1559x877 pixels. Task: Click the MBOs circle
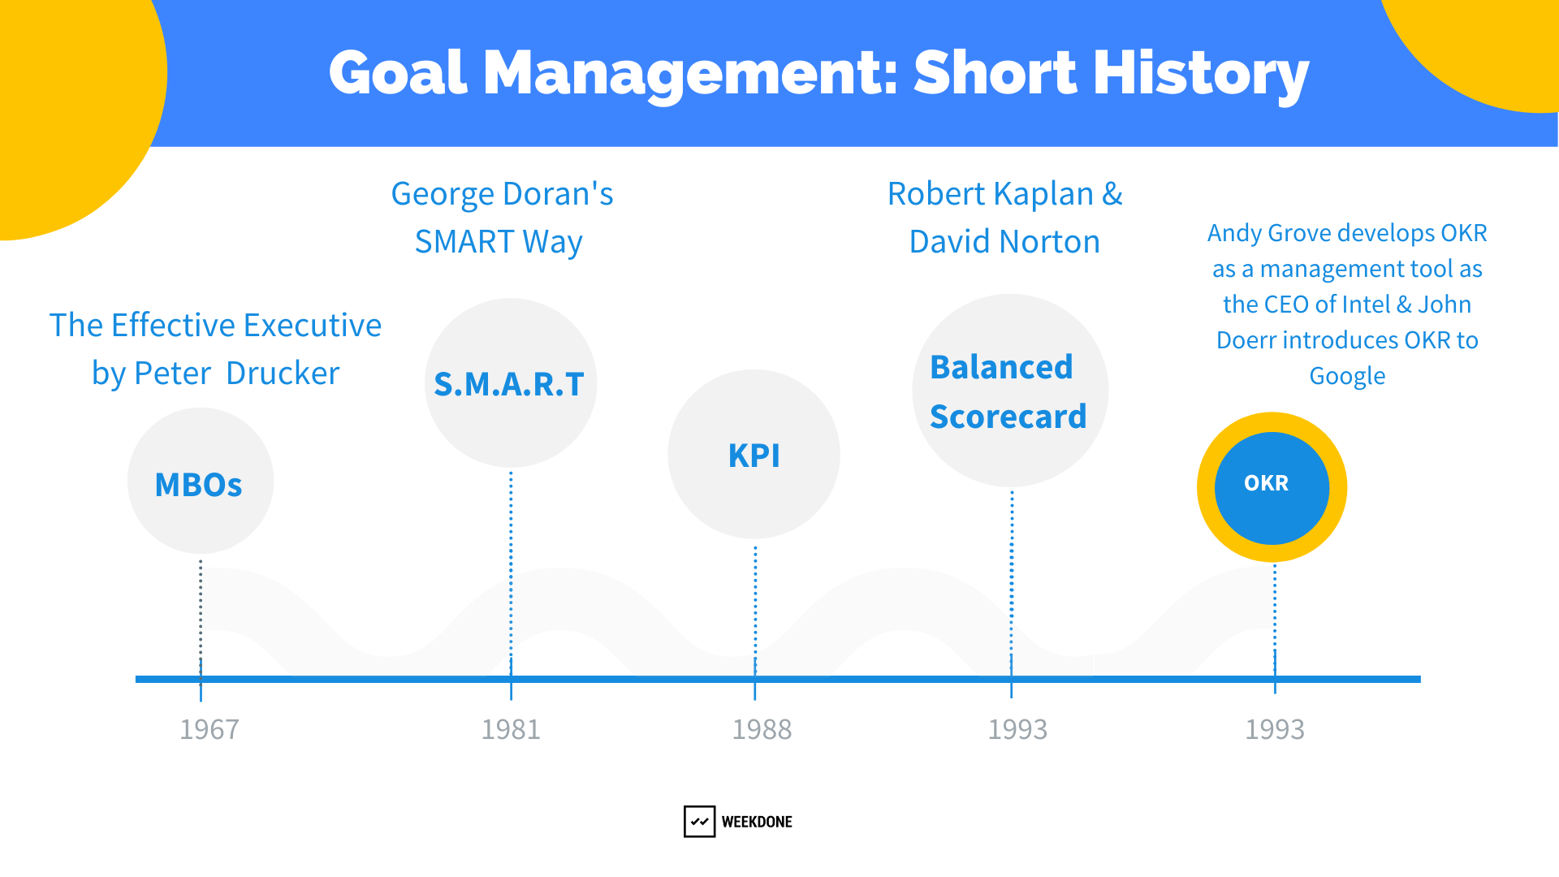click(x=201, y=481)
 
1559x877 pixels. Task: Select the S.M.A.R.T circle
click(x=511, y=383)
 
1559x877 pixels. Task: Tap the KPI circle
click(x=754, y=454)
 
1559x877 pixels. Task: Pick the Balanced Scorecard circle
click(x=1011, y=391)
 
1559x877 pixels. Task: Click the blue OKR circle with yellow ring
click(x=1272, y=487)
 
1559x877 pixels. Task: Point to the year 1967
click(x=209, y=729)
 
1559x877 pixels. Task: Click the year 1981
click(x=511, y=729)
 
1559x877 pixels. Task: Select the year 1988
click(x=762, y=729)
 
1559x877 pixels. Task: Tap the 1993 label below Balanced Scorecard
click(x=1017, y=729)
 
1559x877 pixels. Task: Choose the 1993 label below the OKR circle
click(x=1275, y=729)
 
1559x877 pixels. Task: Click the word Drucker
click(x=283, y=374)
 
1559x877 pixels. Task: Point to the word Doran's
click(x=559, y=194)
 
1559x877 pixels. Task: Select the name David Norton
click(x=1004, y=242)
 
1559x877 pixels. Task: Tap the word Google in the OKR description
click(x=1347, y=377)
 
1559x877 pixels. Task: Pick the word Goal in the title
click(x=399, y=73)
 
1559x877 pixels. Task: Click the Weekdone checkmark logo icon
click(x=699, y=821)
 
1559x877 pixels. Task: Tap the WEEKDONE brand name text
click(x=757, y=822)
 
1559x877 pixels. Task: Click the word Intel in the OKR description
click(x=1367, y=305)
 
